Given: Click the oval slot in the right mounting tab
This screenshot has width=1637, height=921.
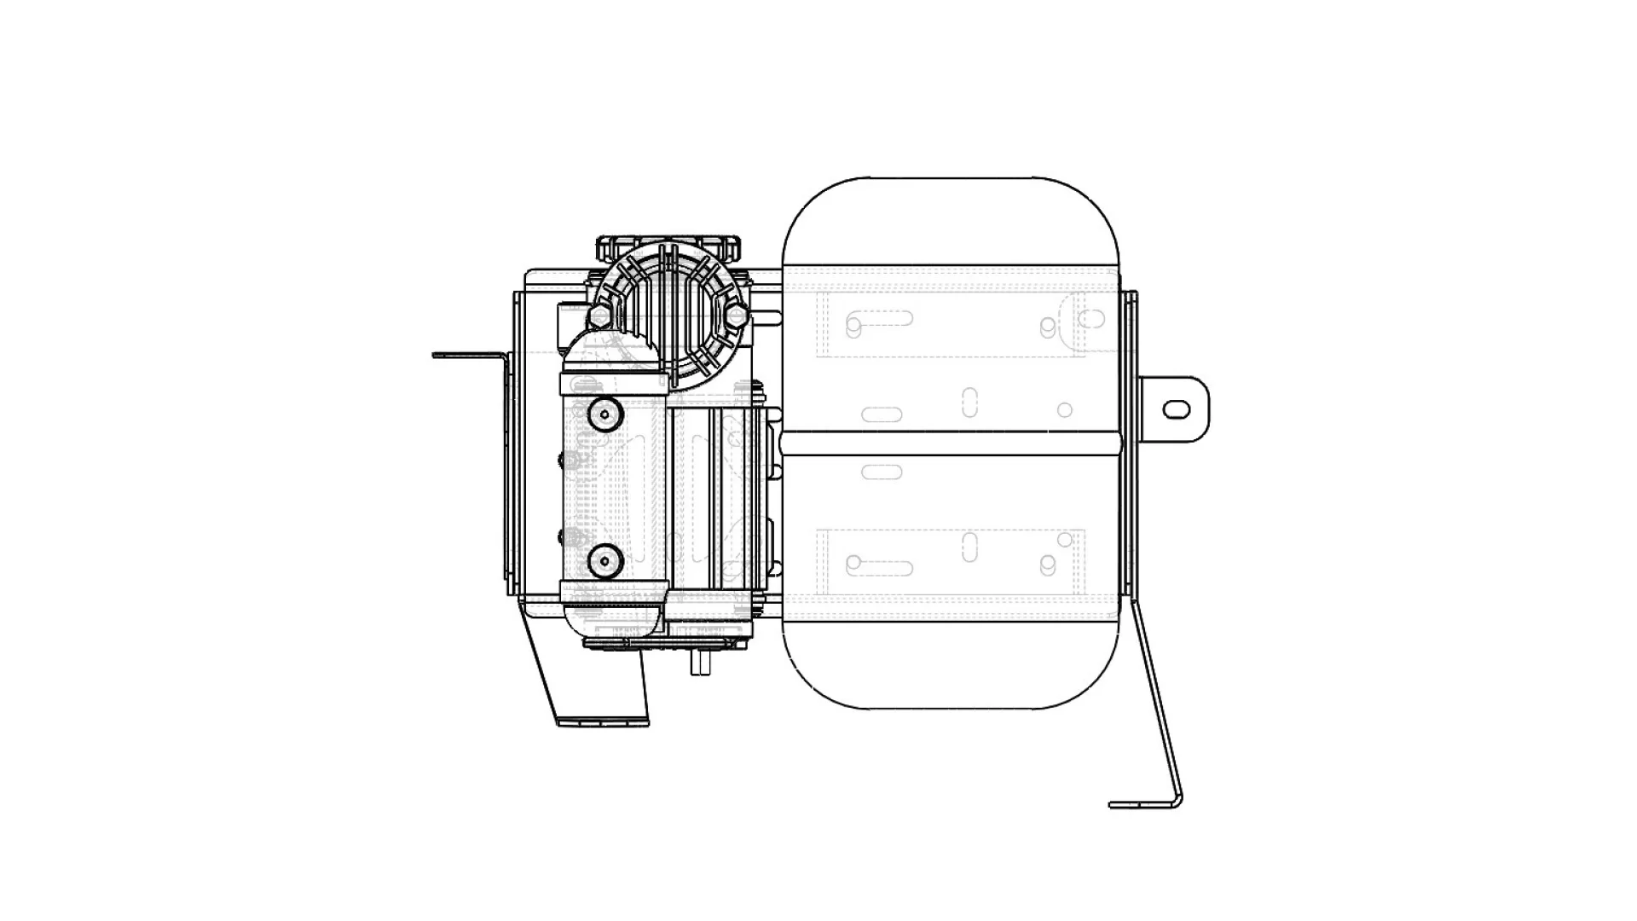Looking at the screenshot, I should pyautogui.click(x=1177, y=410).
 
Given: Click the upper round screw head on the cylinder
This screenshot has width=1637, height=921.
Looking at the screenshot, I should pyautogui.click(x=604, y=415).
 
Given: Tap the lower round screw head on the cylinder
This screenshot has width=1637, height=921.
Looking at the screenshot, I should pyautogui.click(x=604, y=560).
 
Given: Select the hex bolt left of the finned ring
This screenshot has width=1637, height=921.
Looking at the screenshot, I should pyautogui.click(x=599, y=316).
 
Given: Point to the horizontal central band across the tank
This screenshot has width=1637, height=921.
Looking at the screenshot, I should pyautogui.click(x=951, y=443).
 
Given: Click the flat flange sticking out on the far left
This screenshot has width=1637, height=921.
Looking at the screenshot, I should pyautogui.click(x=465, y=355).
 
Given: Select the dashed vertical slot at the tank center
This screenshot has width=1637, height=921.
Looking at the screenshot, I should pyautogui.click(x=969, y=402).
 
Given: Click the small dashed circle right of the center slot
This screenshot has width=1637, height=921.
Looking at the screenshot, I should pyautogui.click(x=1065, y=410).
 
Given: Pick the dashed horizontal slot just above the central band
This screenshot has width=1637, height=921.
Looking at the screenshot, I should pyautogui.click(x=882, y=415).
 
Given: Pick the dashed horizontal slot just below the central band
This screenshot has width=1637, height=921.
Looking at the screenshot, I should pyautogui.click(x=882, y=472).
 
